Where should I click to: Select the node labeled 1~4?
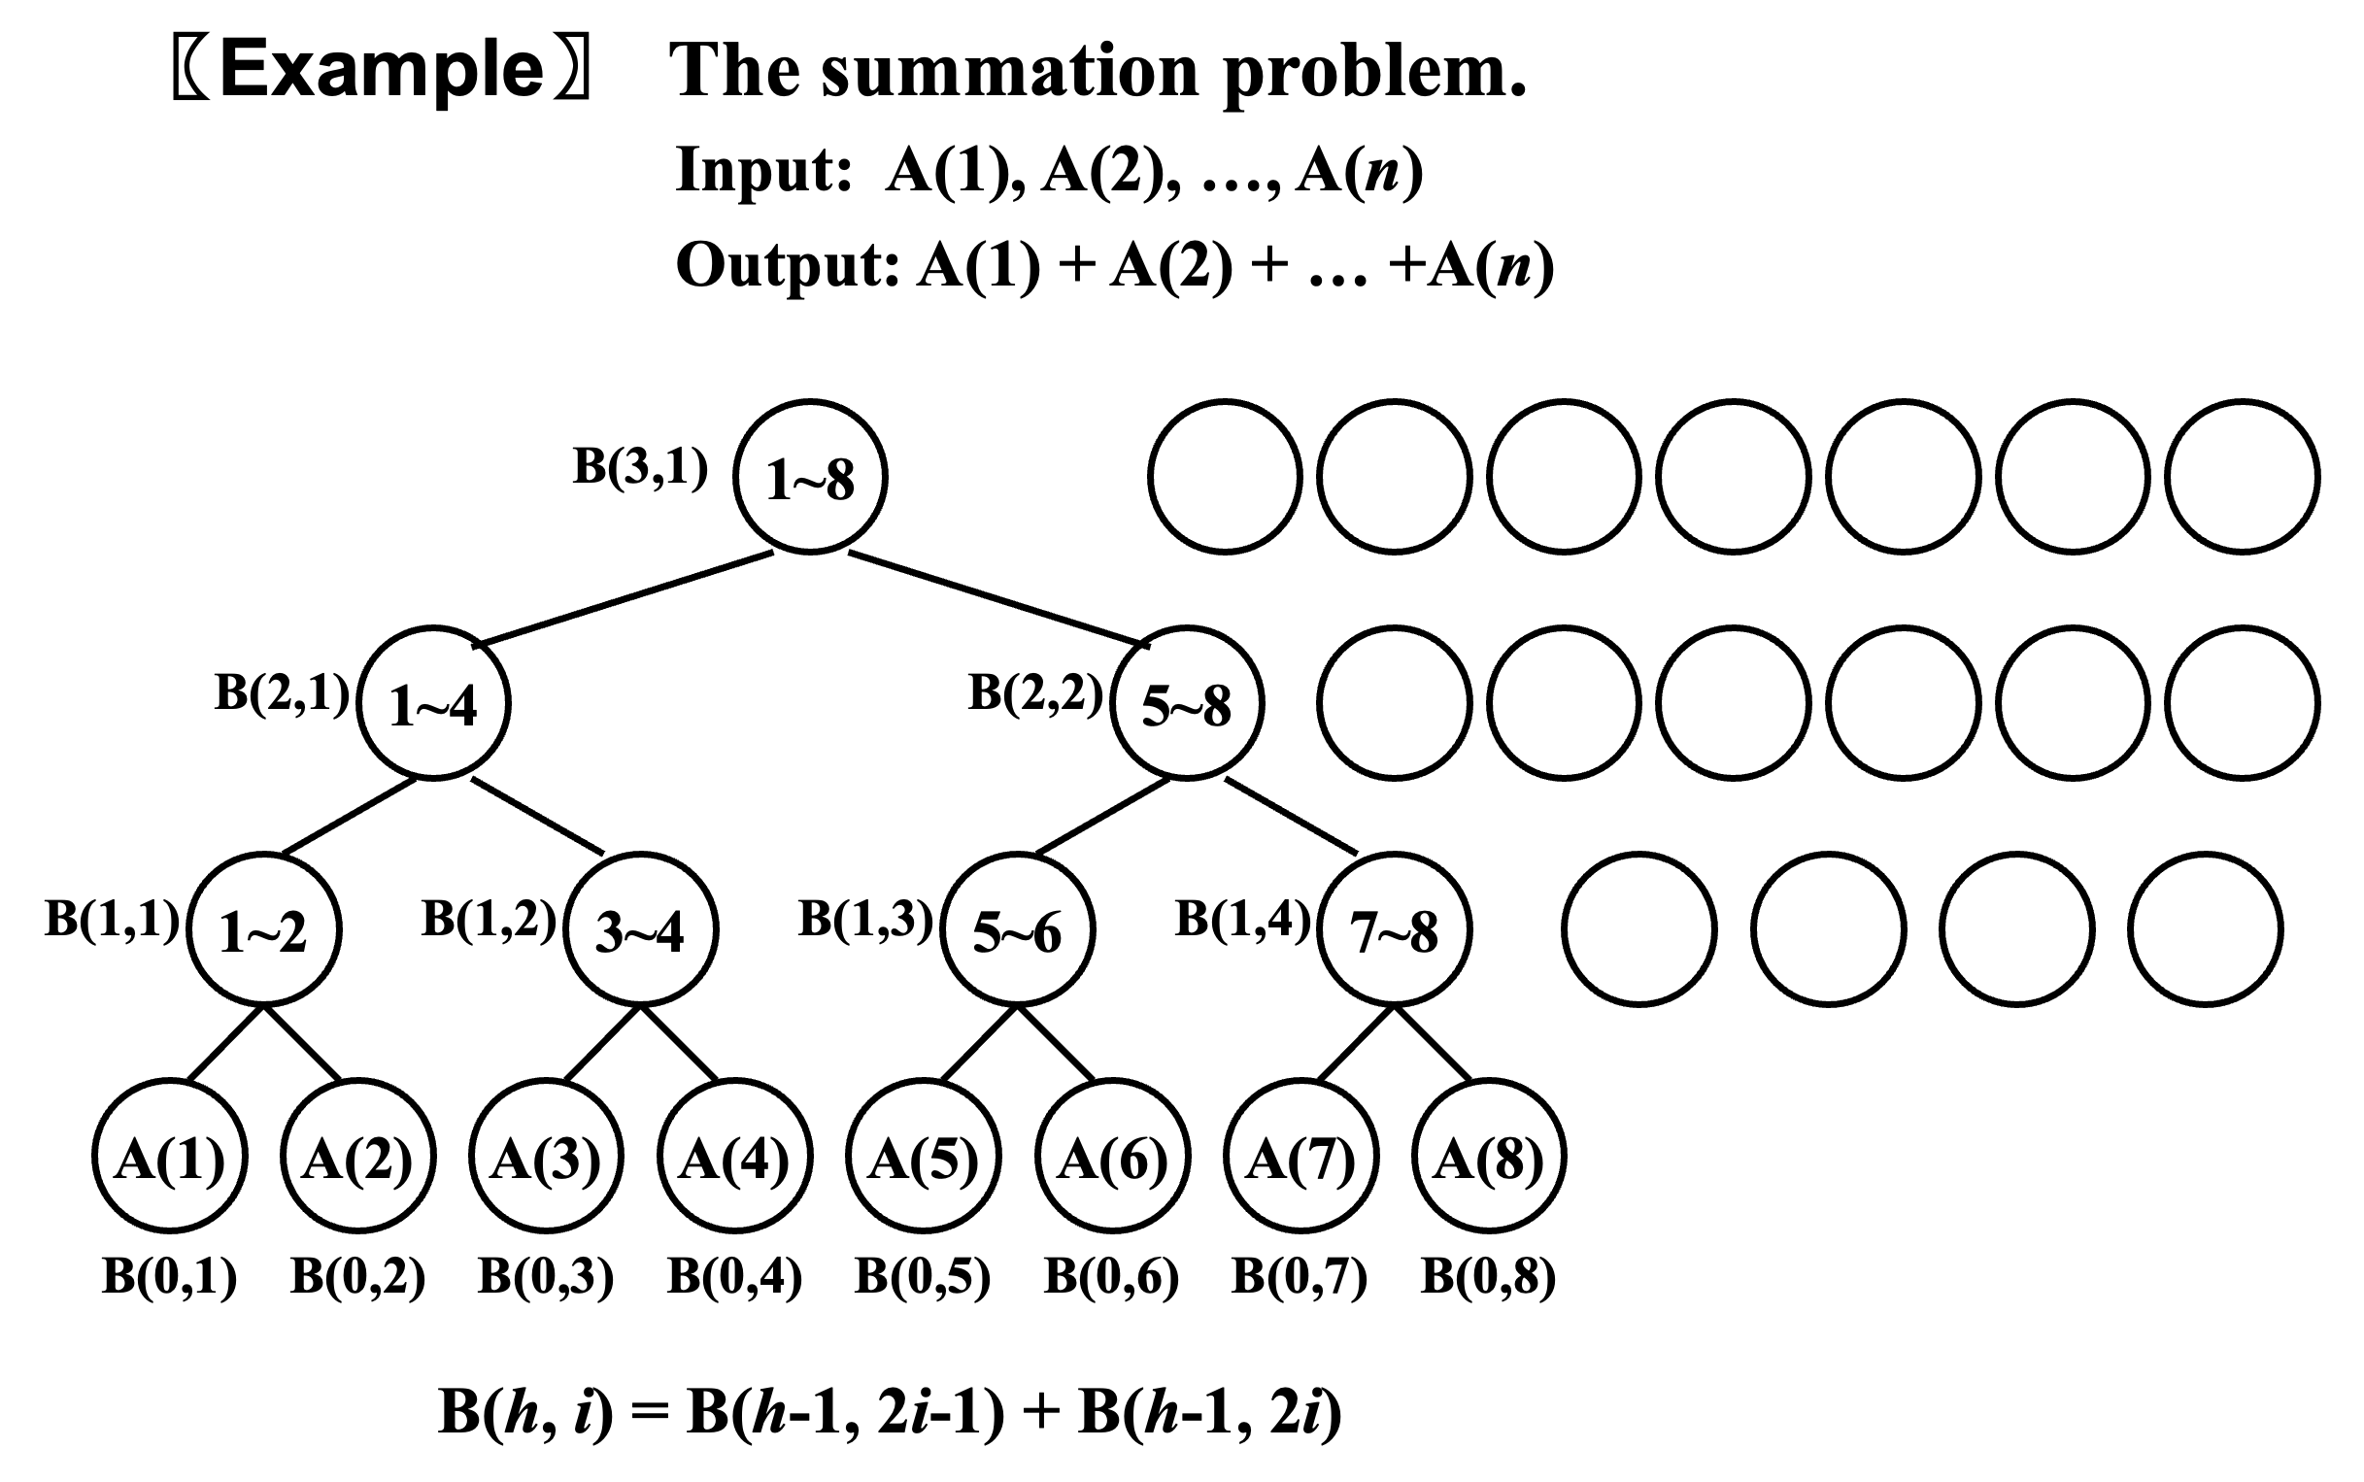(x=433, y=704)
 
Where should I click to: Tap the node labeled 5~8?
(x=1187, y=704)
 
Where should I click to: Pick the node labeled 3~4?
(x=641, y=929)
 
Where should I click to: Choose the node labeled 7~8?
(x=1394, y=929)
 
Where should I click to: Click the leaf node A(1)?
(x=170, y=1157)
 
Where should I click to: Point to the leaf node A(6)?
(x=1112, y=1157)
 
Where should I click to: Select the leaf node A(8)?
(x=1489, y=1157)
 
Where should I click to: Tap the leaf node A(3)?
(x=546, y=1157)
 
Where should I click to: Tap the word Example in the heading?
(x=383, y=71)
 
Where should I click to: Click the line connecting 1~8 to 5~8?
(x=998, y=599)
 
